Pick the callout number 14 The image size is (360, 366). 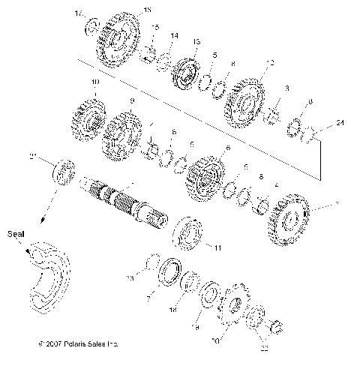point(174,35)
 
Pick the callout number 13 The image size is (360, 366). point(196,40)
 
